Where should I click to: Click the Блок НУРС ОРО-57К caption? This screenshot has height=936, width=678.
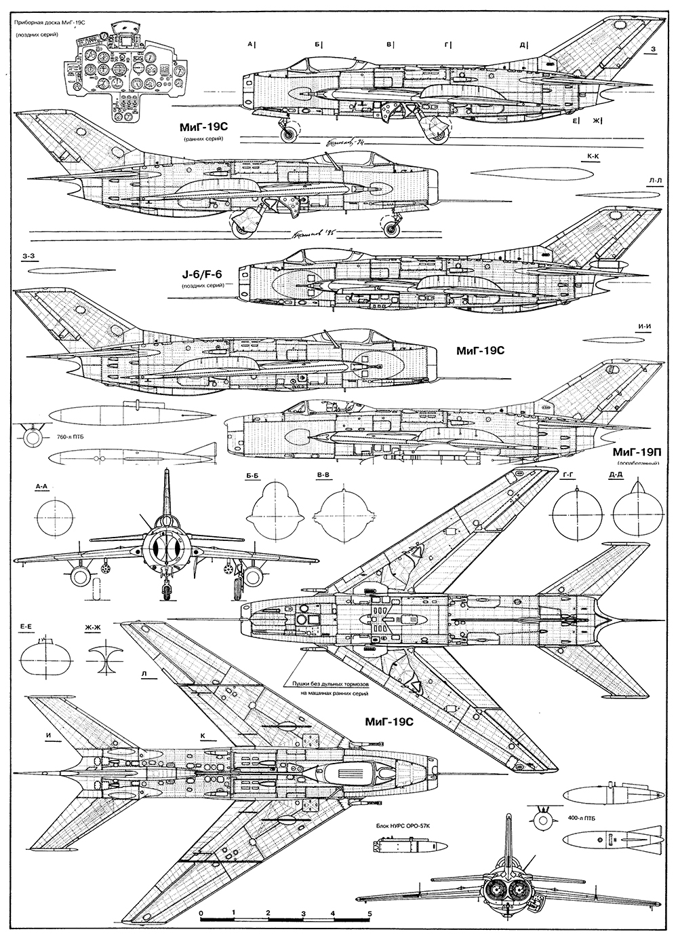click(407, 827)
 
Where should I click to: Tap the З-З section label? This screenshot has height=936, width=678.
click(28, 257)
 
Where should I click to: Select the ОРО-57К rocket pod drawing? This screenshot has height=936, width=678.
click(409, 846)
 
